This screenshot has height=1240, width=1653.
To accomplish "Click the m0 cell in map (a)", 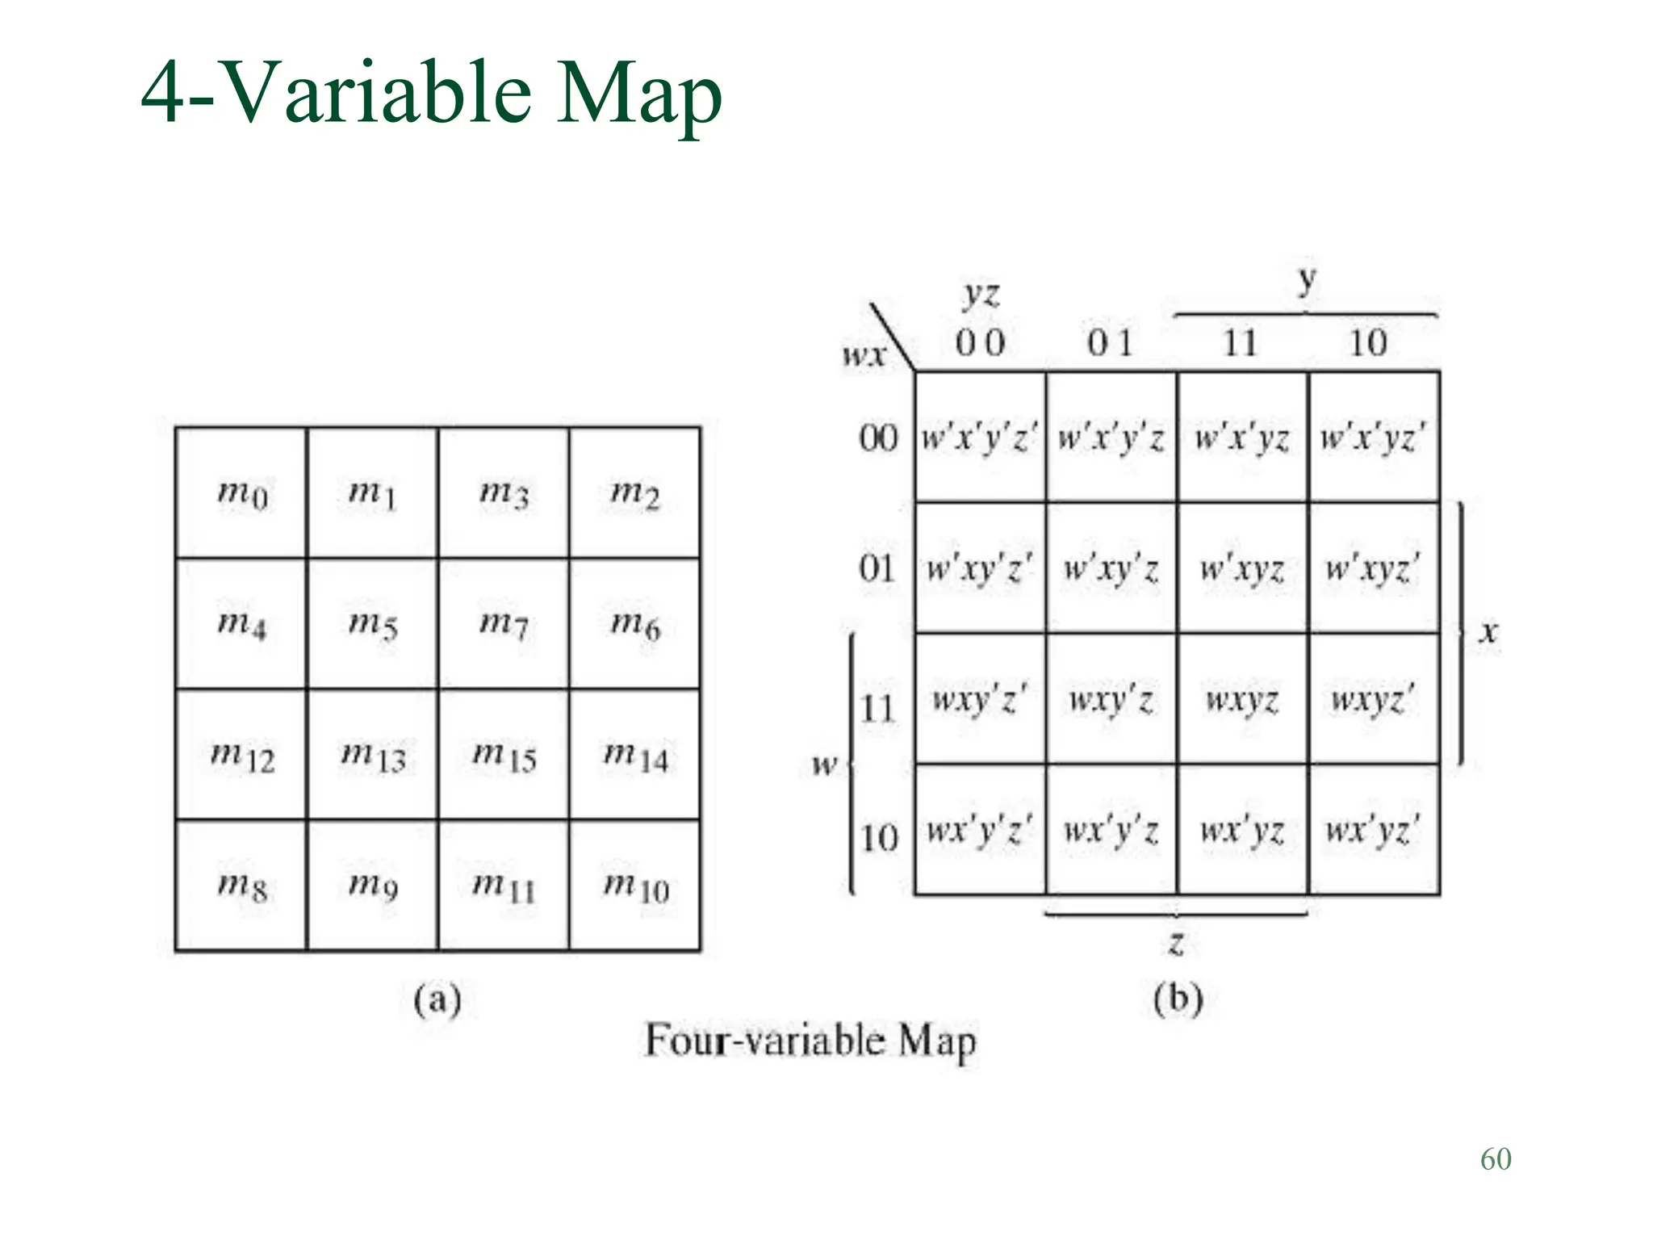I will tap(241, 492).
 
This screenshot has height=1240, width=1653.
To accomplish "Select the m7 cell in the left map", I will tap(504, 623).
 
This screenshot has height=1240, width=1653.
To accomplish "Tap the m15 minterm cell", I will tap(504, 755).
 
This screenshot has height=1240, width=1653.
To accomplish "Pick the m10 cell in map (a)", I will tap(635, 886).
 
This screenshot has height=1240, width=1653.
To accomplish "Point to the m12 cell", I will tap(241, 755).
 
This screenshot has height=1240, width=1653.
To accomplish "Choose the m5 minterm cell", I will tap(372, 623).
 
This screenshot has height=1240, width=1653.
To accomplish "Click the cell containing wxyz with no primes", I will tap(1242, 699).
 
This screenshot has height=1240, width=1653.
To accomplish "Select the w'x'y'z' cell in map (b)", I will tap(980, 438).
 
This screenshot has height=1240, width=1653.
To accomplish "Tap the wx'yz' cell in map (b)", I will tap(1374, 830).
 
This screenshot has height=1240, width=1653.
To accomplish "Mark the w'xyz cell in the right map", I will tap(1242, 568).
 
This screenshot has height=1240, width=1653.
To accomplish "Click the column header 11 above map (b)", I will tap(1241, 343).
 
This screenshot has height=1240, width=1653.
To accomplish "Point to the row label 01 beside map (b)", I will tap(877, 568).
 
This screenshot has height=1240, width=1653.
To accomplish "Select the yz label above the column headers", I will tap(981, 295).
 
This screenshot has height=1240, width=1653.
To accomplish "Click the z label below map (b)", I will tap(1177, 942).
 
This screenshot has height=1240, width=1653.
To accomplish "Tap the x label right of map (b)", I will tap(1488, 631).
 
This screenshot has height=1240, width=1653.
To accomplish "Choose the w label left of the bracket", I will tap(824, 764).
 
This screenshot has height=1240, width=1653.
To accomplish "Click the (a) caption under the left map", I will tap(437, 1000).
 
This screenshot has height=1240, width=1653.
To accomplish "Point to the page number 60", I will tap(1496, 1159).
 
